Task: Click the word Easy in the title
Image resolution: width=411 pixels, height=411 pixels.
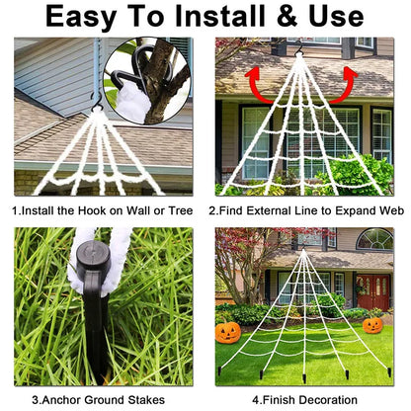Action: click(88, 17)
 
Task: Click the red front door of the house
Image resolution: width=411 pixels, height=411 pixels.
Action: click(373, 291)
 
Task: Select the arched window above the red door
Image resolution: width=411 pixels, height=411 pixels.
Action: click(374, 239)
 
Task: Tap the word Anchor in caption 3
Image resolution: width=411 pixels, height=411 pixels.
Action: click(69, 399)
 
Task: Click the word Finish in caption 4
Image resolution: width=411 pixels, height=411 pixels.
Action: click(281, 399)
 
